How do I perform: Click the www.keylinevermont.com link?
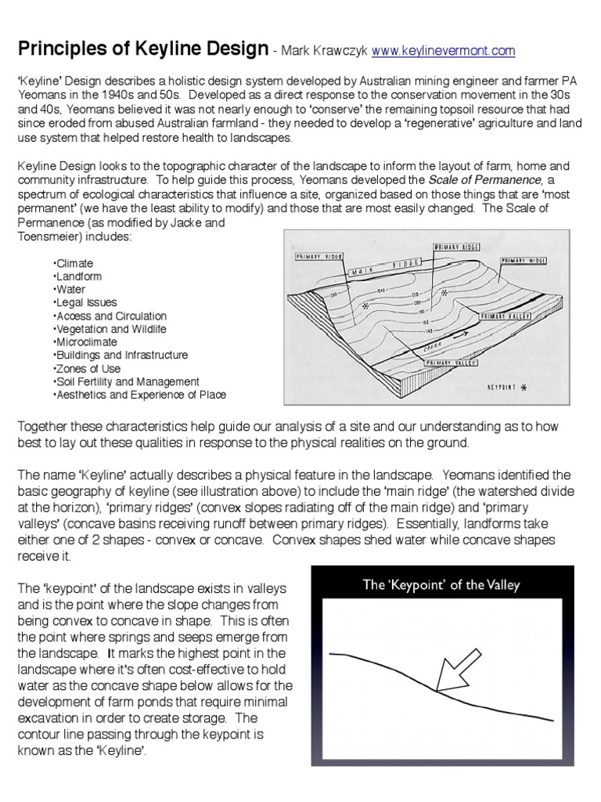(444, 52)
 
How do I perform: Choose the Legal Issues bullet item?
(85, 302)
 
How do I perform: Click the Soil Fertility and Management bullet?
(126, 381)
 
